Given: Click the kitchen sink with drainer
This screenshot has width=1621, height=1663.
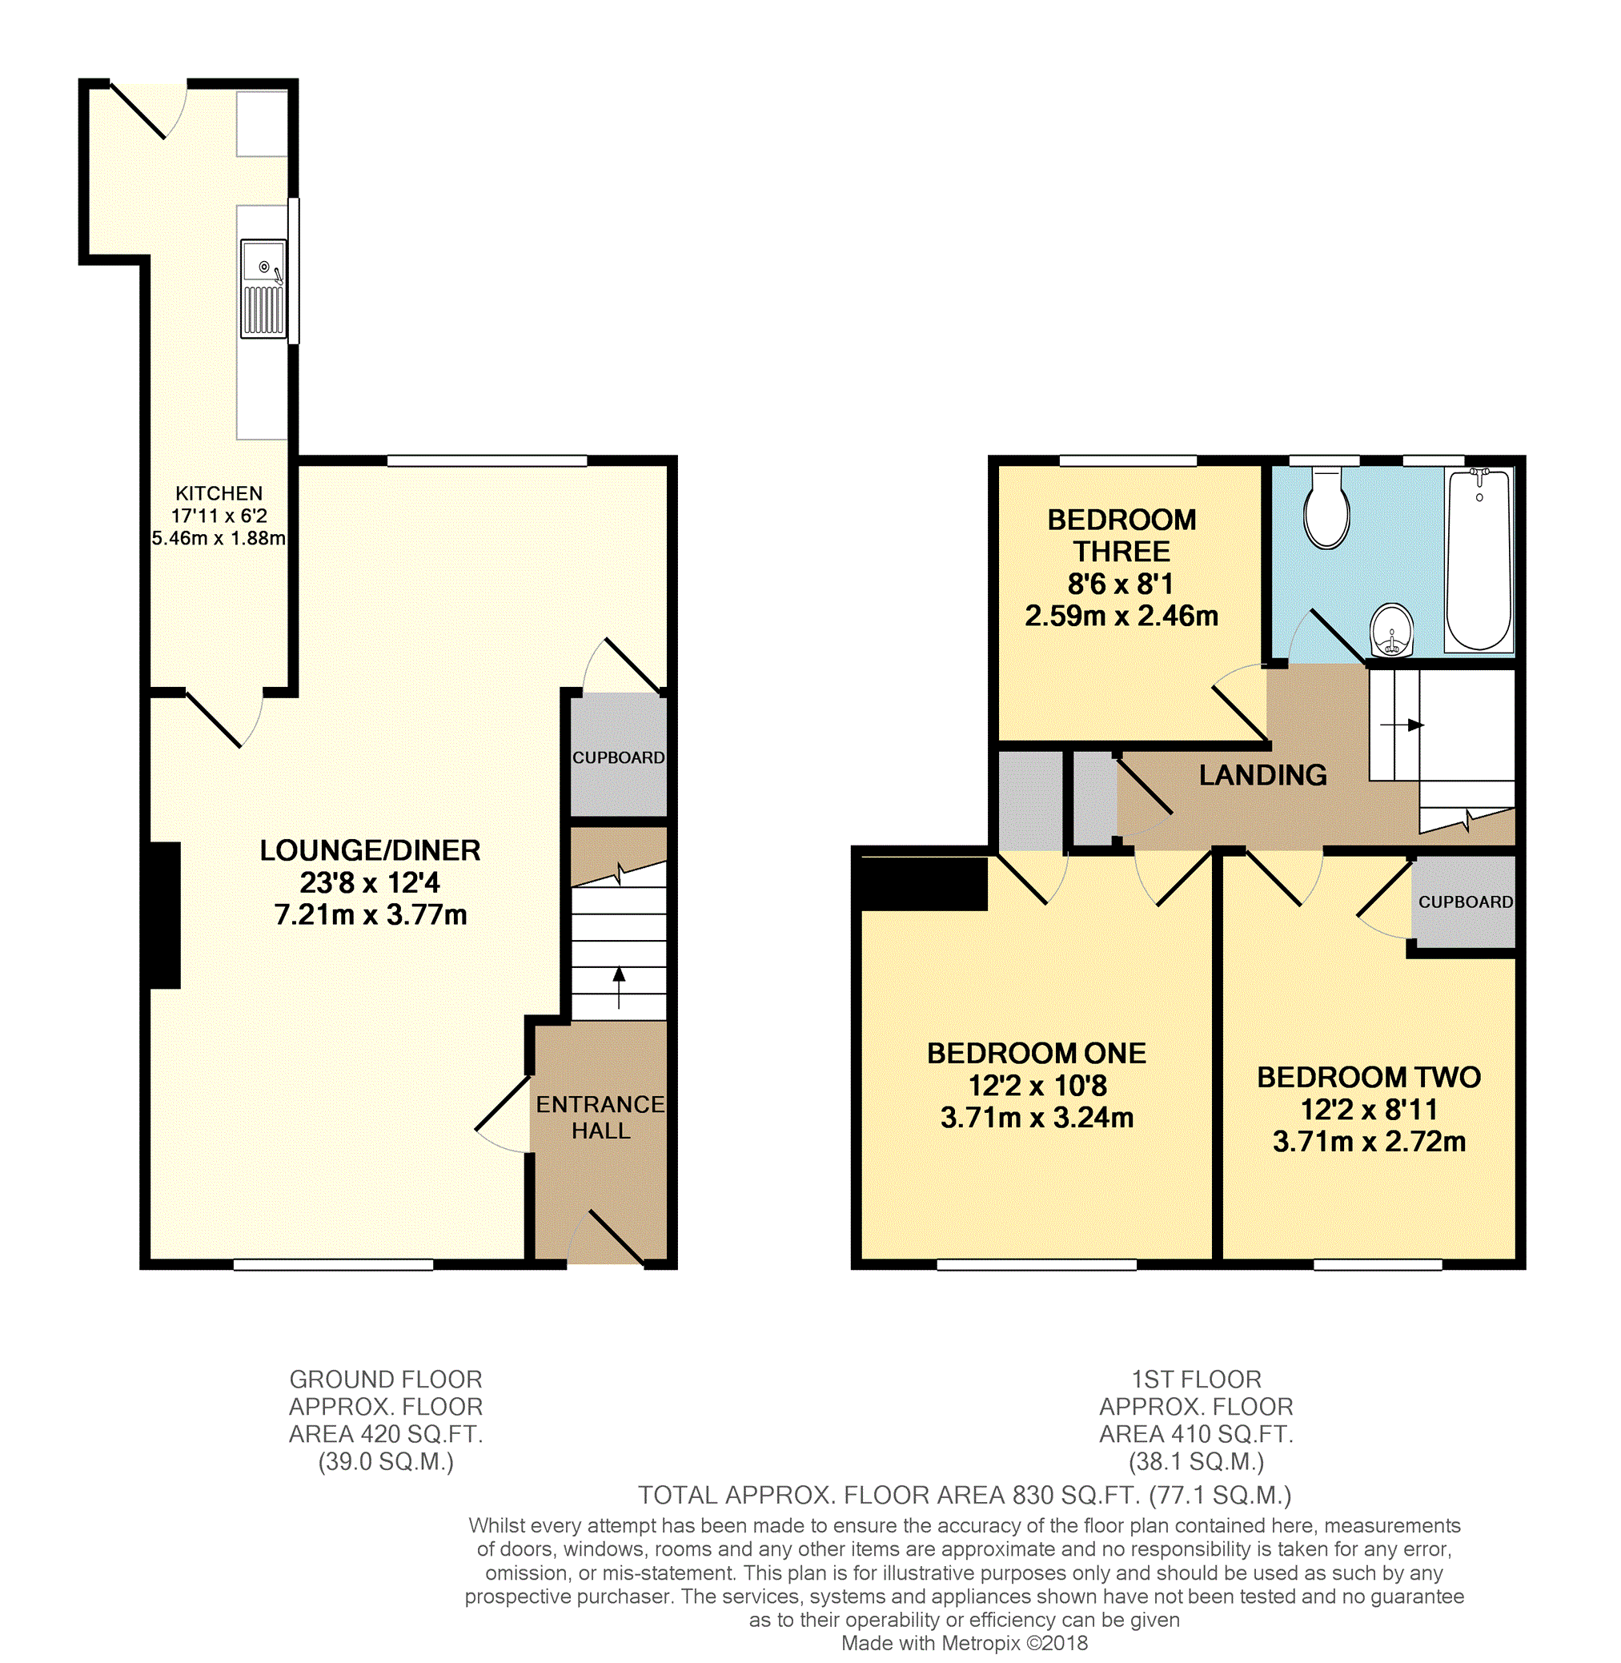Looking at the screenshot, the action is pyautogui.click(x=263, y=289).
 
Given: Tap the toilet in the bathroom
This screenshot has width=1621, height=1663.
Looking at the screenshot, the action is pyautogui.click(x=1326, y=508).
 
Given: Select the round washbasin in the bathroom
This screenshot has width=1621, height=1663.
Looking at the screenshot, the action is pyautogui.click(x=1392, y=630).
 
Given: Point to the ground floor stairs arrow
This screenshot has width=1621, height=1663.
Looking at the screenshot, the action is pyautogui.click(x=619, y=988).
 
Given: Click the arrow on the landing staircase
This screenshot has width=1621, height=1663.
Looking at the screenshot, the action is pyautogui.click(x=1402, y=725).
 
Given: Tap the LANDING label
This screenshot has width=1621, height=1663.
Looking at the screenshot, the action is pyautogui.click(x=1262, y=775).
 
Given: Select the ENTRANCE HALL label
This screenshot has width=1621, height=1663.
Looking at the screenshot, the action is pyautogui.click(x=600, y=1117).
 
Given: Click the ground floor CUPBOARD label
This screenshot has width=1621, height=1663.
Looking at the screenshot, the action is pyautogui.click(x=618, y=758).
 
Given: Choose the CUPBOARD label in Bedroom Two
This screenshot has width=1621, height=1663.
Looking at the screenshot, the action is pyautogui.click(x=1465, y=902).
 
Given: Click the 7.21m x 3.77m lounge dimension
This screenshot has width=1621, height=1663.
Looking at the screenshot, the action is pyautogui.click(x=371, y=914).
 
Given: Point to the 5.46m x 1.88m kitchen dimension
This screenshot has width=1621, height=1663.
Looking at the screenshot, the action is pyautogui.click(x=219, y=538).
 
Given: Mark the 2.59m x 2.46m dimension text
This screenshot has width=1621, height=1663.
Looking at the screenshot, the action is pyautogui.click(x=1121, y=616).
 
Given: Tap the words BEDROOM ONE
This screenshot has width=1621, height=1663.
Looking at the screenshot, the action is pyautogui.click(x=1036, y=1054).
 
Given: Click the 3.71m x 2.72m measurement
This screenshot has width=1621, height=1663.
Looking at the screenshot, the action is pyautogui.click(x=1369, y=1141).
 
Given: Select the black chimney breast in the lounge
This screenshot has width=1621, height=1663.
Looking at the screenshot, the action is pyautogui.click(x=165, y=915).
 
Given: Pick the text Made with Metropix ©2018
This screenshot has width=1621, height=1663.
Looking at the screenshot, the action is pyautogui.click(x=965, y=1644).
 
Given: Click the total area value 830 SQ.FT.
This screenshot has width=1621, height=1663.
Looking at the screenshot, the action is pyautogui.click(x=1075, y=1495).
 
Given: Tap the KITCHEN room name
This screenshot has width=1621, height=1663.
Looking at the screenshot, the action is pyautogui.click(x=219, y=493).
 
